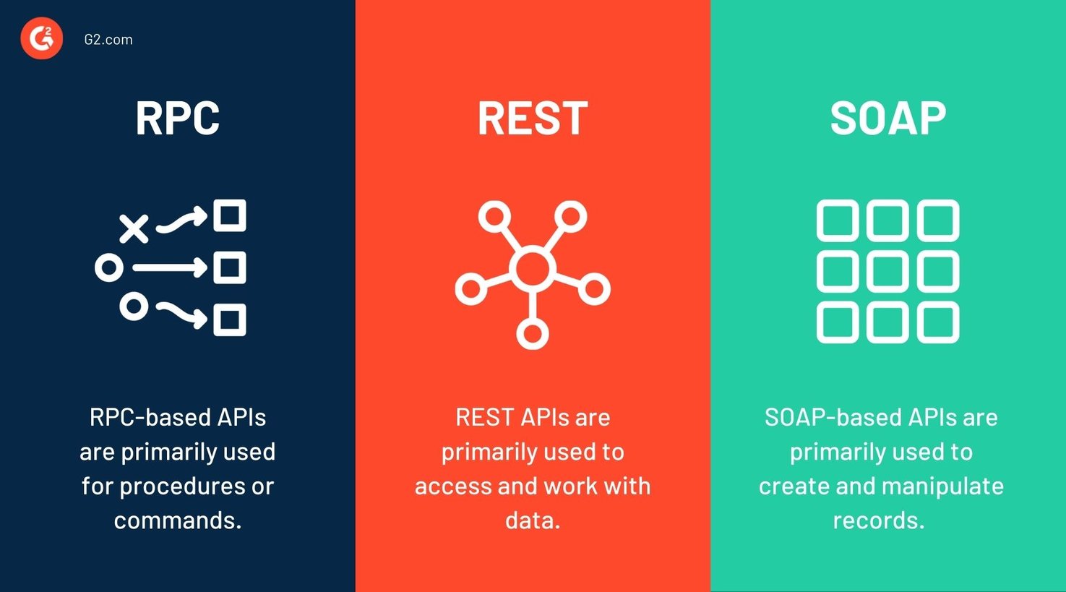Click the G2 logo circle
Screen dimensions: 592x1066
(x=42, y=39)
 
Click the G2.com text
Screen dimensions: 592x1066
(x=108, y=40)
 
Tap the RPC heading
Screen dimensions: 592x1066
(x=178, y=118)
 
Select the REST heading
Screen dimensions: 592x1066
(x=533, y=118)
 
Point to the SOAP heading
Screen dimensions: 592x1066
(x=887, y=118)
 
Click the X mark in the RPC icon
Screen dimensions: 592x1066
(x=134, y=229)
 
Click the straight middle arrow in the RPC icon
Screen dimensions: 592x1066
(x=170, y=268)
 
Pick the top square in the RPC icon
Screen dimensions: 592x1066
(x=230, y=215)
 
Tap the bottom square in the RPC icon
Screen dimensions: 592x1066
(x=230, y=319)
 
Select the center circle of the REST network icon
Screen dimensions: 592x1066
(x=533, y=268)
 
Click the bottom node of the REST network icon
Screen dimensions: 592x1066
(x=533, y=334)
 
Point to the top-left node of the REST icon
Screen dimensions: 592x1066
(x=494, y=217)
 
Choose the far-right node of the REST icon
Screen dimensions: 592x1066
(x=594, y=289)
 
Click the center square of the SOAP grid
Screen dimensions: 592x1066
(x=887, y=272)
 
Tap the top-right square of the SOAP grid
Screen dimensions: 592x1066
(x=938, y=220)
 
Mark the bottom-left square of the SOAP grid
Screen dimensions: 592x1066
(x=837, y=322)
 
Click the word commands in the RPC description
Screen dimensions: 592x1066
(x=178, y=520)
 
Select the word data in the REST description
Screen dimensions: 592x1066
(x=533, y=520)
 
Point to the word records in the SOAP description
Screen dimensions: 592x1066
(x=878, y=520)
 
